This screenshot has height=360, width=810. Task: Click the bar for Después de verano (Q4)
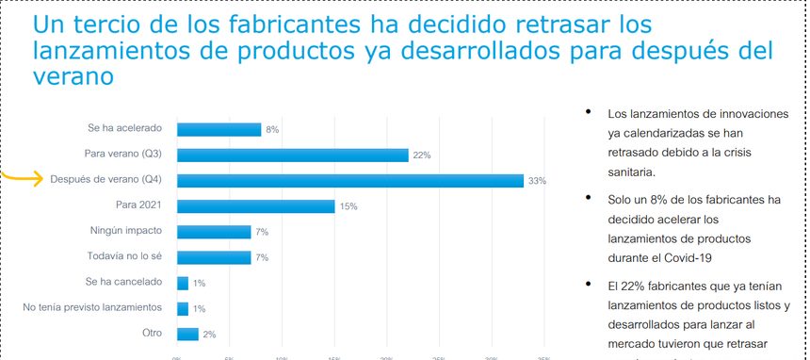[349, 181]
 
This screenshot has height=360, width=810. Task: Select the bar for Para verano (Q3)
[292, 155]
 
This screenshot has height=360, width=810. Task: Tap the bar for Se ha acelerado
[219, 130]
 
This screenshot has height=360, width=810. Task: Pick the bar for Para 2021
[255, 206]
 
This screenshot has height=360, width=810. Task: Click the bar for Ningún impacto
[214, 232]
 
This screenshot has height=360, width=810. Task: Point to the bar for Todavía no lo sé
[214, 257]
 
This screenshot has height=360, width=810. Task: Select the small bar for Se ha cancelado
[182, 283]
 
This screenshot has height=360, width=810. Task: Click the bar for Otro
[187, 334]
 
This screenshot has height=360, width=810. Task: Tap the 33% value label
[537, 181]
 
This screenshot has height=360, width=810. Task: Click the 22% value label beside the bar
[421, 155]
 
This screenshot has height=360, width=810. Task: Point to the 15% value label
[348, 206]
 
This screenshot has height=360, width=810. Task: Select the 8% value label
[272, 130]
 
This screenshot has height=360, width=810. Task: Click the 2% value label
[209, 334]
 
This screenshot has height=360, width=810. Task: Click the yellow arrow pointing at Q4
[21, 177]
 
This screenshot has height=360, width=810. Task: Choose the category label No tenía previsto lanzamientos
[92, 307]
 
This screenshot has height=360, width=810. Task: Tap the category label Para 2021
[139, 205]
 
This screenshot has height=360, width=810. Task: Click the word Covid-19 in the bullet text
[687, 257]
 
